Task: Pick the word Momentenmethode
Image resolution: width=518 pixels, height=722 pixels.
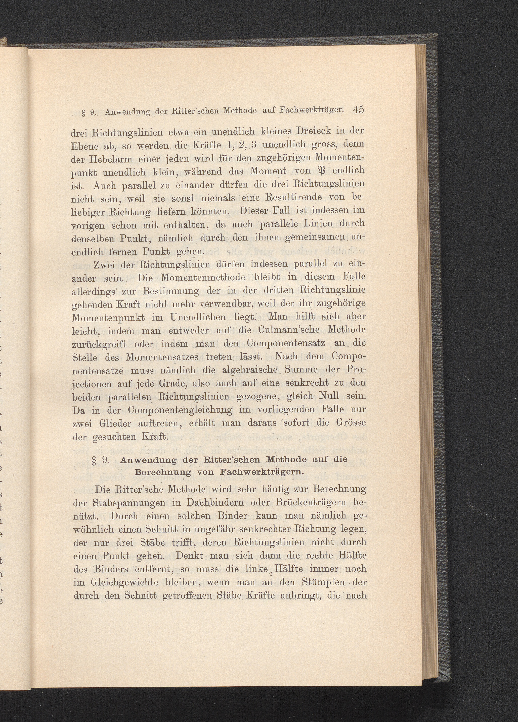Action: pos(202,277)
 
